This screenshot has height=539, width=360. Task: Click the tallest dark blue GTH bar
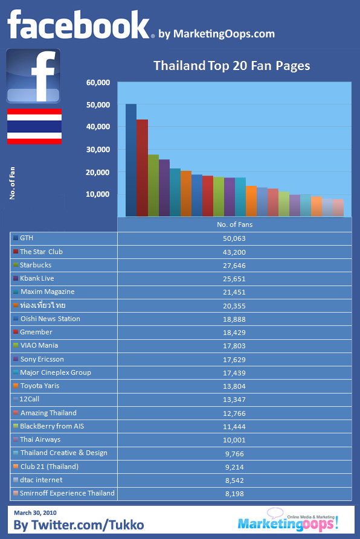tap(131, 160)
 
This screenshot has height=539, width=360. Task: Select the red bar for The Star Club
tap(142, 168)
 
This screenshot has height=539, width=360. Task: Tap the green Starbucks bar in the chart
tap(153, 186)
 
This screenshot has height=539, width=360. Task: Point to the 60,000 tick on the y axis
tap(98, 83)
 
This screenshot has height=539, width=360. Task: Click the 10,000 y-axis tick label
tap(98, 194)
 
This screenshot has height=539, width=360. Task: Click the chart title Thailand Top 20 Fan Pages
tap(232, 66)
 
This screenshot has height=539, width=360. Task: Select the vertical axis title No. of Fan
tap(12, 183)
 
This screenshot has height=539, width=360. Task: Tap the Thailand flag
tap(34, 126)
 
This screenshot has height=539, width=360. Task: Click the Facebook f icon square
tap(33, 76)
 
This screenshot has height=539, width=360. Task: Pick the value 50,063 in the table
tap(234, 238)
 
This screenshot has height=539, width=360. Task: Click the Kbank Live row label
tap(37, 278)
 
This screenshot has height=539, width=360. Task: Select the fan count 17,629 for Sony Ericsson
tap(234, 360)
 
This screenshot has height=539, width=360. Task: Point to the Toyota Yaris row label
tap(40, 386)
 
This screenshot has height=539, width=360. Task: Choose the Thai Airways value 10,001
tap(234, 440)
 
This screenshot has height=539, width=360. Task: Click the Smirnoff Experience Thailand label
tap(67, 493)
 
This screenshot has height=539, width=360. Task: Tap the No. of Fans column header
tap(234, 225)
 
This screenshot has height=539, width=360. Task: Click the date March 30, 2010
tap(35, 513)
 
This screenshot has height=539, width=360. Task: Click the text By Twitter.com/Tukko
tap(79, 525)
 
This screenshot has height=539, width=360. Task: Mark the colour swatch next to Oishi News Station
tap(16, 319)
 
